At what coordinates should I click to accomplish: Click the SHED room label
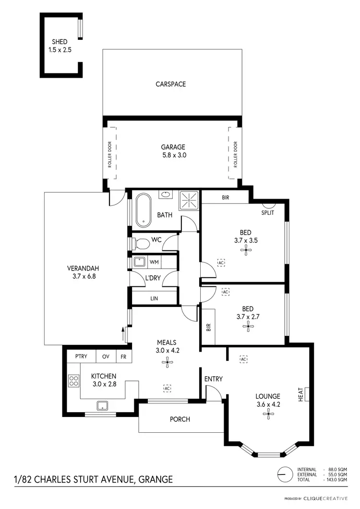coord(60,42)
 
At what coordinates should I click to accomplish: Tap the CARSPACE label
coord(170,84)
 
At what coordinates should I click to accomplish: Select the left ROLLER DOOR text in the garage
coord(109,154)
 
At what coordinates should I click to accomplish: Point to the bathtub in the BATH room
coord(143,210)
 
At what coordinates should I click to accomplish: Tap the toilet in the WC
coord(141,244)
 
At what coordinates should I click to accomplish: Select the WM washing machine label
coord(154,262)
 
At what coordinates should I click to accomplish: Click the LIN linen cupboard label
coord(154,298)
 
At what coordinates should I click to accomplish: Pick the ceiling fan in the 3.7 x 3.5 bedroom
coord(246,249)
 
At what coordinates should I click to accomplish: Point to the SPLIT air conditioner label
coord(267,213)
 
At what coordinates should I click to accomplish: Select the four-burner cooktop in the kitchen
coord(74,381)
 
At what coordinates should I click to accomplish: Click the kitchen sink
coord(103,406)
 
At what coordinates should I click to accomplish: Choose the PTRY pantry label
coord(80,357)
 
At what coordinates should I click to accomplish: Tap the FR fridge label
coord(123,357)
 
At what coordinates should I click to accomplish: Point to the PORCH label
coord(180,419)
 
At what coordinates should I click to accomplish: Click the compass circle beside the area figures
coord(285,474)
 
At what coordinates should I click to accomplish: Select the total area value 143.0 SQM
coord(336,480)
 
